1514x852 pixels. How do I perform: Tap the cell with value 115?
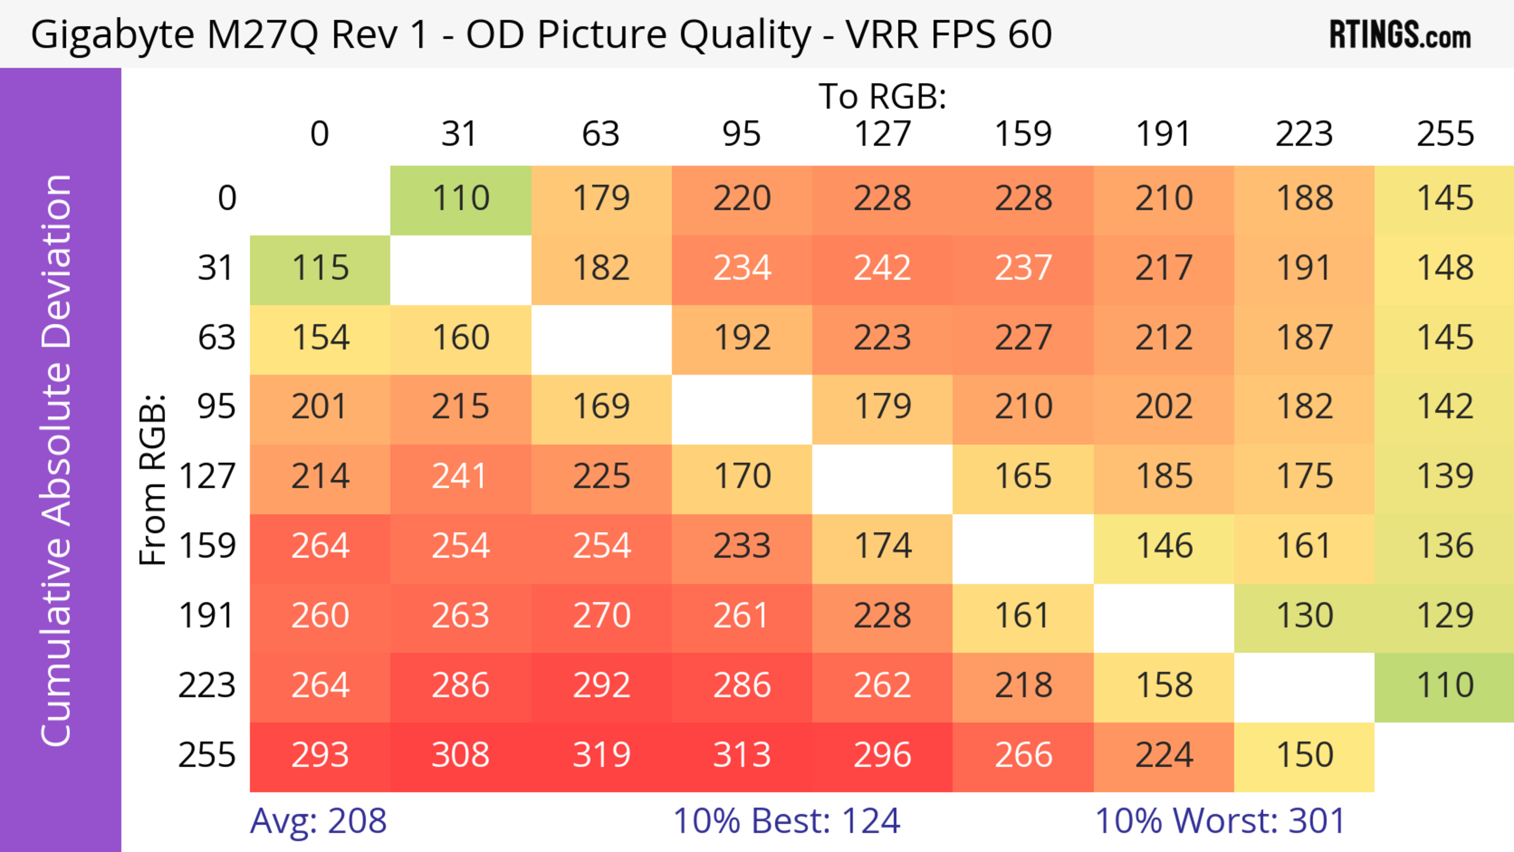[x=320, y=268]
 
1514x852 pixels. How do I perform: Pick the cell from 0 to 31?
[x=461, y=199]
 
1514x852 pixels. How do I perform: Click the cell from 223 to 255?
[x=1444, y=686]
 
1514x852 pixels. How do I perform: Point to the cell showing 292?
[x=601, y=686]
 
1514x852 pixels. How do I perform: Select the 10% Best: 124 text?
[x=787, y=821]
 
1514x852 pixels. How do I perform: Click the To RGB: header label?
[x=882, y=96]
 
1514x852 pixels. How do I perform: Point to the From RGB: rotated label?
[x=152, y=479]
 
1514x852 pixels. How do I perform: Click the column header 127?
[x=882, y=134]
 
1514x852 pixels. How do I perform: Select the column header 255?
[x=1445, y=134]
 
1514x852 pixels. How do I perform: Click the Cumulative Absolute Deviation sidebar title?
[x=57, y=460]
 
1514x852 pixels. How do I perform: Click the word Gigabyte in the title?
[x=112, y=35]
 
